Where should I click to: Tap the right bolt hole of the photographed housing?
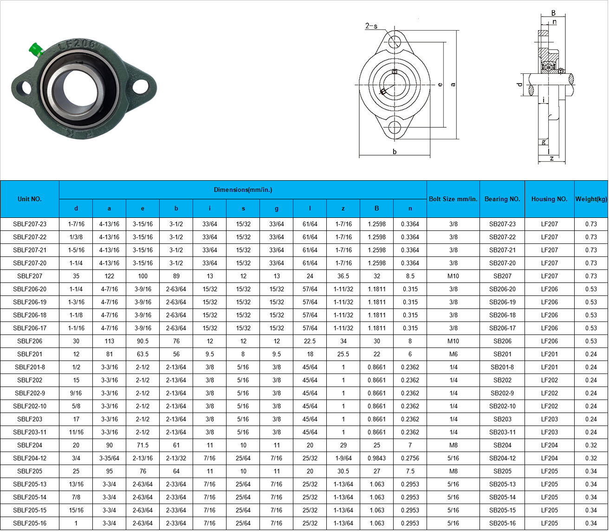(x=141, y=87)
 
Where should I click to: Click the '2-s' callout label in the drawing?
(x=371, y=26)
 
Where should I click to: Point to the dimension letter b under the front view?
(x=395, y=151)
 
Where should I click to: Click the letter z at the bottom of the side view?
(x=551, y=158)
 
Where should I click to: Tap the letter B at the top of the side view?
(x=553, y=13)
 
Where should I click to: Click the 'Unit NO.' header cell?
(x=29, y=199)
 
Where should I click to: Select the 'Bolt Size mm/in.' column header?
(x=453, y=199)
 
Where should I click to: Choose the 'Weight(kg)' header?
(x=591, y=199)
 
